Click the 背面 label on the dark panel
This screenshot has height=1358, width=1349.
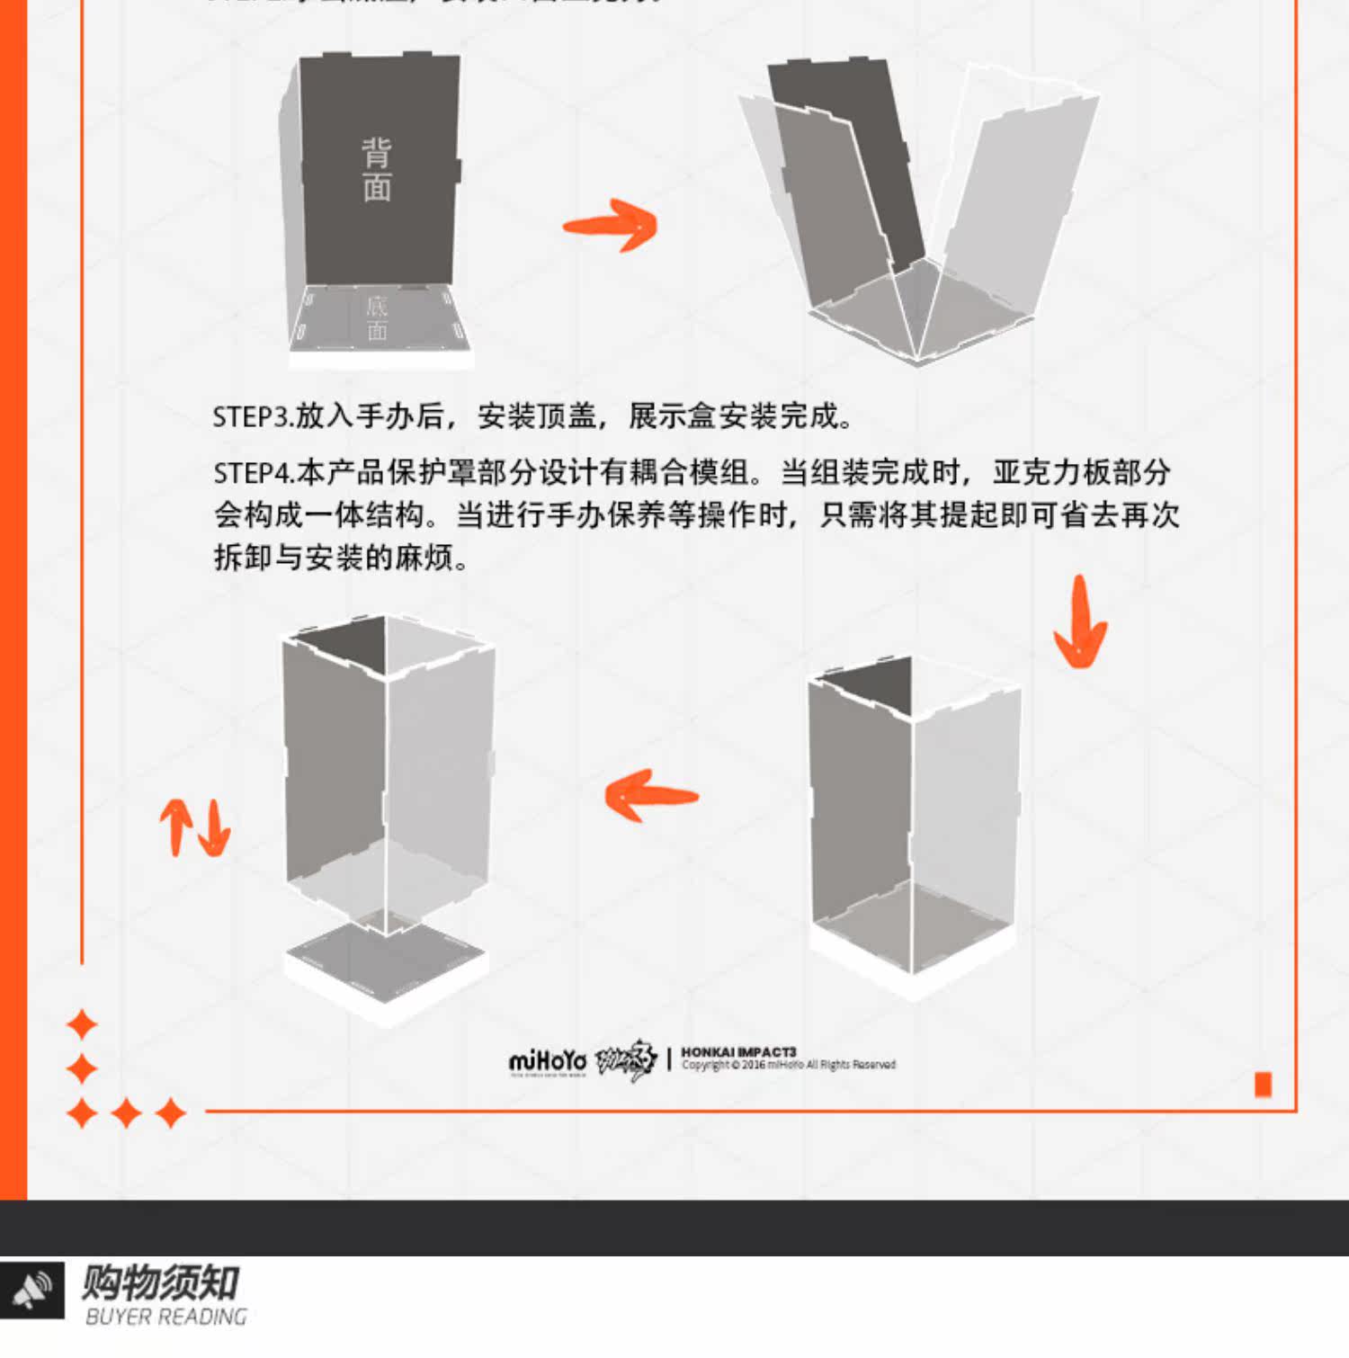pyautogui.click(x=377, y=170)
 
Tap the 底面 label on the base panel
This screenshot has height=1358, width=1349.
pyautogui.click(x=377, y=318)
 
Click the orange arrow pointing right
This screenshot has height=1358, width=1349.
pyautogui.click(x=611, y=225)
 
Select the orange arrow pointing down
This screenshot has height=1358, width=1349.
pyautogui.click(x=1080, y=622)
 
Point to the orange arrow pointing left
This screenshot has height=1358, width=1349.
pyautogui.click(x=651, y=795)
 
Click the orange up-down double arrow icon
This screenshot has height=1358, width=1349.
pyautogui.click(x=195, y=827)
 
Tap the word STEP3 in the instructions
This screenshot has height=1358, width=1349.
pyautogui.click(x=253, y=417)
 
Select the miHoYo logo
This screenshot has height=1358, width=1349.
pyautogui.click(x=547, y=1062)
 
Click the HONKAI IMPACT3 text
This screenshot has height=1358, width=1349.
pyautogui.click(x=738, y=1051)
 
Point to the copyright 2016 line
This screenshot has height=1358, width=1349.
pyautogui.click(x=788, y=1066)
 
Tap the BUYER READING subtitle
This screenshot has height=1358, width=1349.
pyautogui.click(x=166, y=1318)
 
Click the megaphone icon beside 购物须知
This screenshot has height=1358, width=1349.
pyautogui.click(x=32, y=1290)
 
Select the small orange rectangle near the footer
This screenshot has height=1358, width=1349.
pyautogui.click(x=1263, y=1085)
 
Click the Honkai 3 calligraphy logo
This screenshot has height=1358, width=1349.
pyautogui.click(x=626, y=1061)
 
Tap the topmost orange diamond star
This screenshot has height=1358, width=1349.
pyautogui.click(x=82, y=1024)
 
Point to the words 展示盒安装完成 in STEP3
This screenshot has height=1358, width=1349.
pyautogui.click(x=737, y=417)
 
